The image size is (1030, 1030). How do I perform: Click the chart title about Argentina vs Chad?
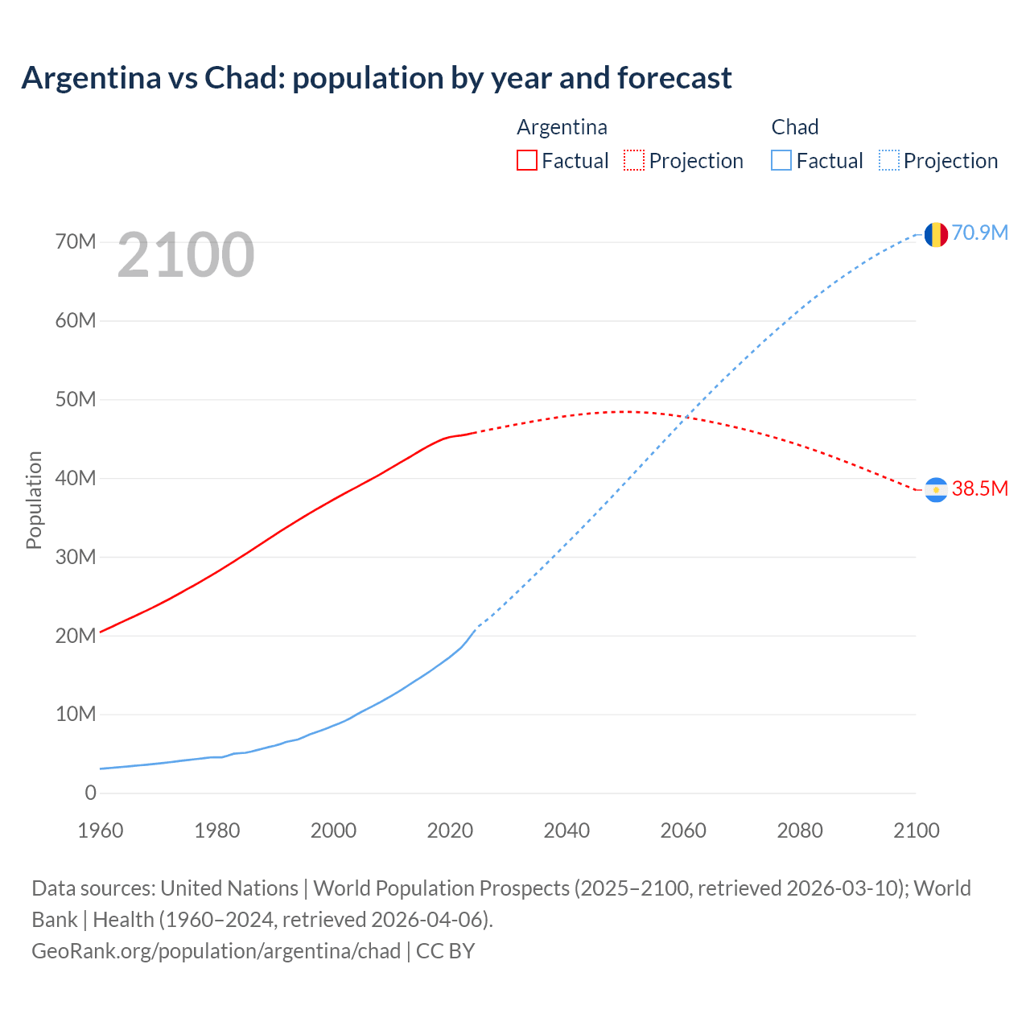tap(377, 78)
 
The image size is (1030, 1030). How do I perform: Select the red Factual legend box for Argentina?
tap(527, 160)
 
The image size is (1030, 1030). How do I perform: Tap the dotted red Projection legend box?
tap(634, 160)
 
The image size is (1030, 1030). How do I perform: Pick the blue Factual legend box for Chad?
tap(781, 160)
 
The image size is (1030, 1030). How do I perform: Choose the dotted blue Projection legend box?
tap(889, 160)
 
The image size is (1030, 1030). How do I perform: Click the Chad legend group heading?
tap(795, 127)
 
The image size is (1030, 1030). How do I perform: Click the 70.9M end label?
tap(980, 233)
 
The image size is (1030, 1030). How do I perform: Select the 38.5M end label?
tap(980, 488)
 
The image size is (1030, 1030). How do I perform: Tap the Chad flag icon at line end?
tap(936, 234)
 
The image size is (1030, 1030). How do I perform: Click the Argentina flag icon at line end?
tap(936, 490)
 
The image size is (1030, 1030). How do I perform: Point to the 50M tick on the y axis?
tap(76, 399)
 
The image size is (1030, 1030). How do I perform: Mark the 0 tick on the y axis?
tap(90, 793)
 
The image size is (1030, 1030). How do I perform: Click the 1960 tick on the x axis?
tap(101, 830)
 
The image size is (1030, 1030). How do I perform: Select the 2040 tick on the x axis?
tap(566, 830)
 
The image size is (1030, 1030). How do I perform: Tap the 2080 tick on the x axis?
tap(800, 830)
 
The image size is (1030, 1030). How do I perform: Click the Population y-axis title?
tap(34, 500)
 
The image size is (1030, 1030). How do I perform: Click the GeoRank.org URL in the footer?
tap(216, 951)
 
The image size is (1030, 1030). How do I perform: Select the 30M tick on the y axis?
tap(76, 557)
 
